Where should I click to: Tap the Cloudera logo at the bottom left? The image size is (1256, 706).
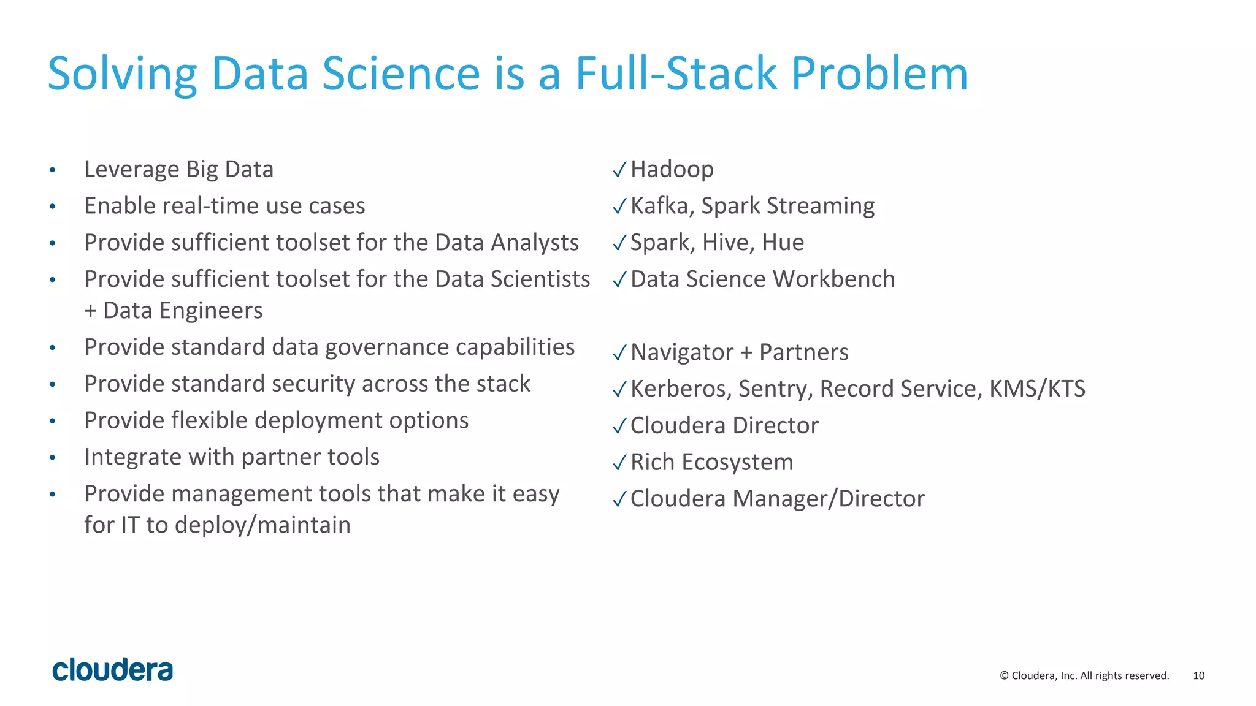(113, 670)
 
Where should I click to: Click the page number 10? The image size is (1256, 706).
(1198, 675)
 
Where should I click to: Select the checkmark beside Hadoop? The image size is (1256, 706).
(619, 170)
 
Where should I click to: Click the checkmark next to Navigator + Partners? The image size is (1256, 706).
(619, 353)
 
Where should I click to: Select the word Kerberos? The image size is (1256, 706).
(680, 389)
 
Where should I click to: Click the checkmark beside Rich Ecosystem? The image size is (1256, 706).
(619, 463)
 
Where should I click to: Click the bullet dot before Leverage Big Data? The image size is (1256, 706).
(53, 170)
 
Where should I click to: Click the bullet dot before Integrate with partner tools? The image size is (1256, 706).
(53, 458)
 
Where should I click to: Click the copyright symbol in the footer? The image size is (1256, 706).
(1004, 675)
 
